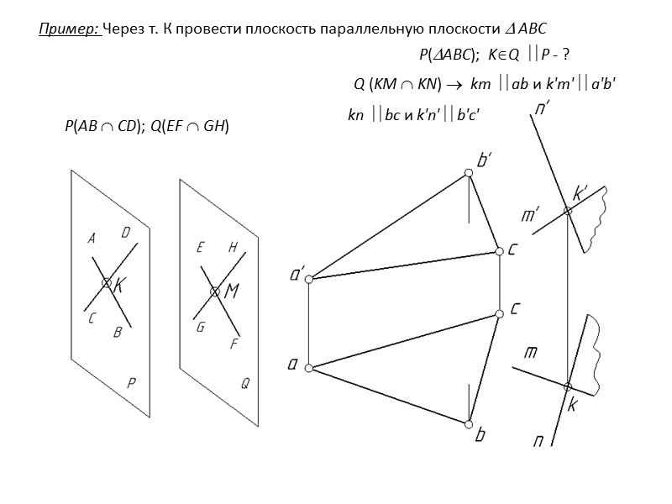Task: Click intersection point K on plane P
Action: [x=107, y=284]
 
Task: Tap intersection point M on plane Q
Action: [x=215, y=291]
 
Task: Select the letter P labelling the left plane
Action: [x=131, y=382]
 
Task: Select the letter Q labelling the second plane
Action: [x=245, y=384]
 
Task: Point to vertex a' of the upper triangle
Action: [x=308, y=278]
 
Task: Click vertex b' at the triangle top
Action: [x=469, y=174]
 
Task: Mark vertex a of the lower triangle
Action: [x=308, y=368]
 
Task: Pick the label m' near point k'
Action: [x=530, y=216]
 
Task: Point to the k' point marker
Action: [x=568, y=210]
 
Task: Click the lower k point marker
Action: [x=567, y=386]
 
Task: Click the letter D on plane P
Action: [x=125, y=233]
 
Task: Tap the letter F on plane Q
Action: [x=234, y=344]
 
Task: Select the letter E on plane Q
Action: [x=201, y=248]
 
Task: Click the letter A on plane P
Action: [x=92, y=239]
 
